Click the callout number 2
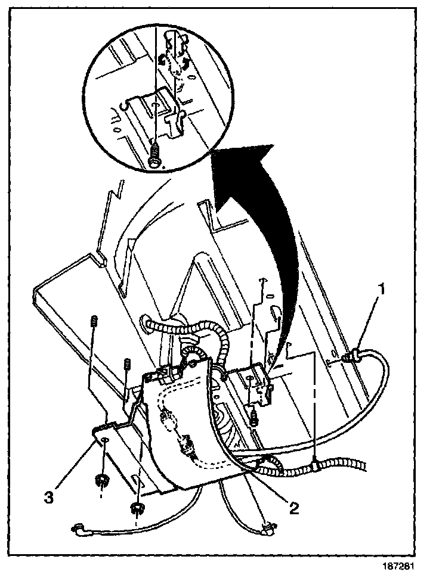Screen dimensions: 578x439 point(293,508)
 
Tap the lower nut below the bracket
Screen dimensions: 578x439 point(137,508)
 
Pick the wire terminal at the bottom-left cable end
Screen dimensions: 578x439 point(79,527)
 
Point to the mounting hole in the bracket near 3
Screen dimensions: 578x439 point(104,440)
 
